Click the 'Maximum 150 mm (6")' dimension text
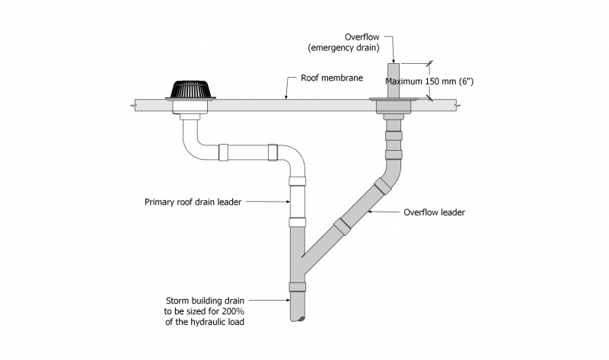(x=430, y=81)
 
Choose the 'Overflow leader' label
(x=433, y=212)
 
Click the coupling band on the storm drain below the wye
(x=297, y=287)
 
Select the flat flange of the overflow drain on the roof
(x=393, y=98)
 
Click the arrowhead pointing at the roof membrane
(x=285, y=97)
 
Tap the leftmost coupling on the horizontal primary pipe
(x=224, y=152)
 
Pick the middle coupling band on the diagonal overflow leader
(x=342, y=224)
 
